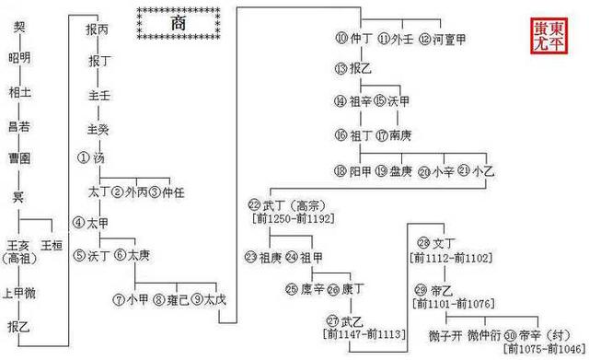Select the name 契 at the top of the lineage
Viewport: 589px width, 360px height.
point(18,28)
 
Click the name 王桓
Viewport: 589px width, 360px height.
point(52,244)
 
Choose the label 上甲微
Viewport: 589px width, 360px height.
point(18,295)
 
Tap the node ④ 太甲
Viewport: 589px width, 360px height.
point(91,223)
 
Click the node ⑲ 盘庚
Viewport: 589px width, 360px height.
point(393,170)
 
